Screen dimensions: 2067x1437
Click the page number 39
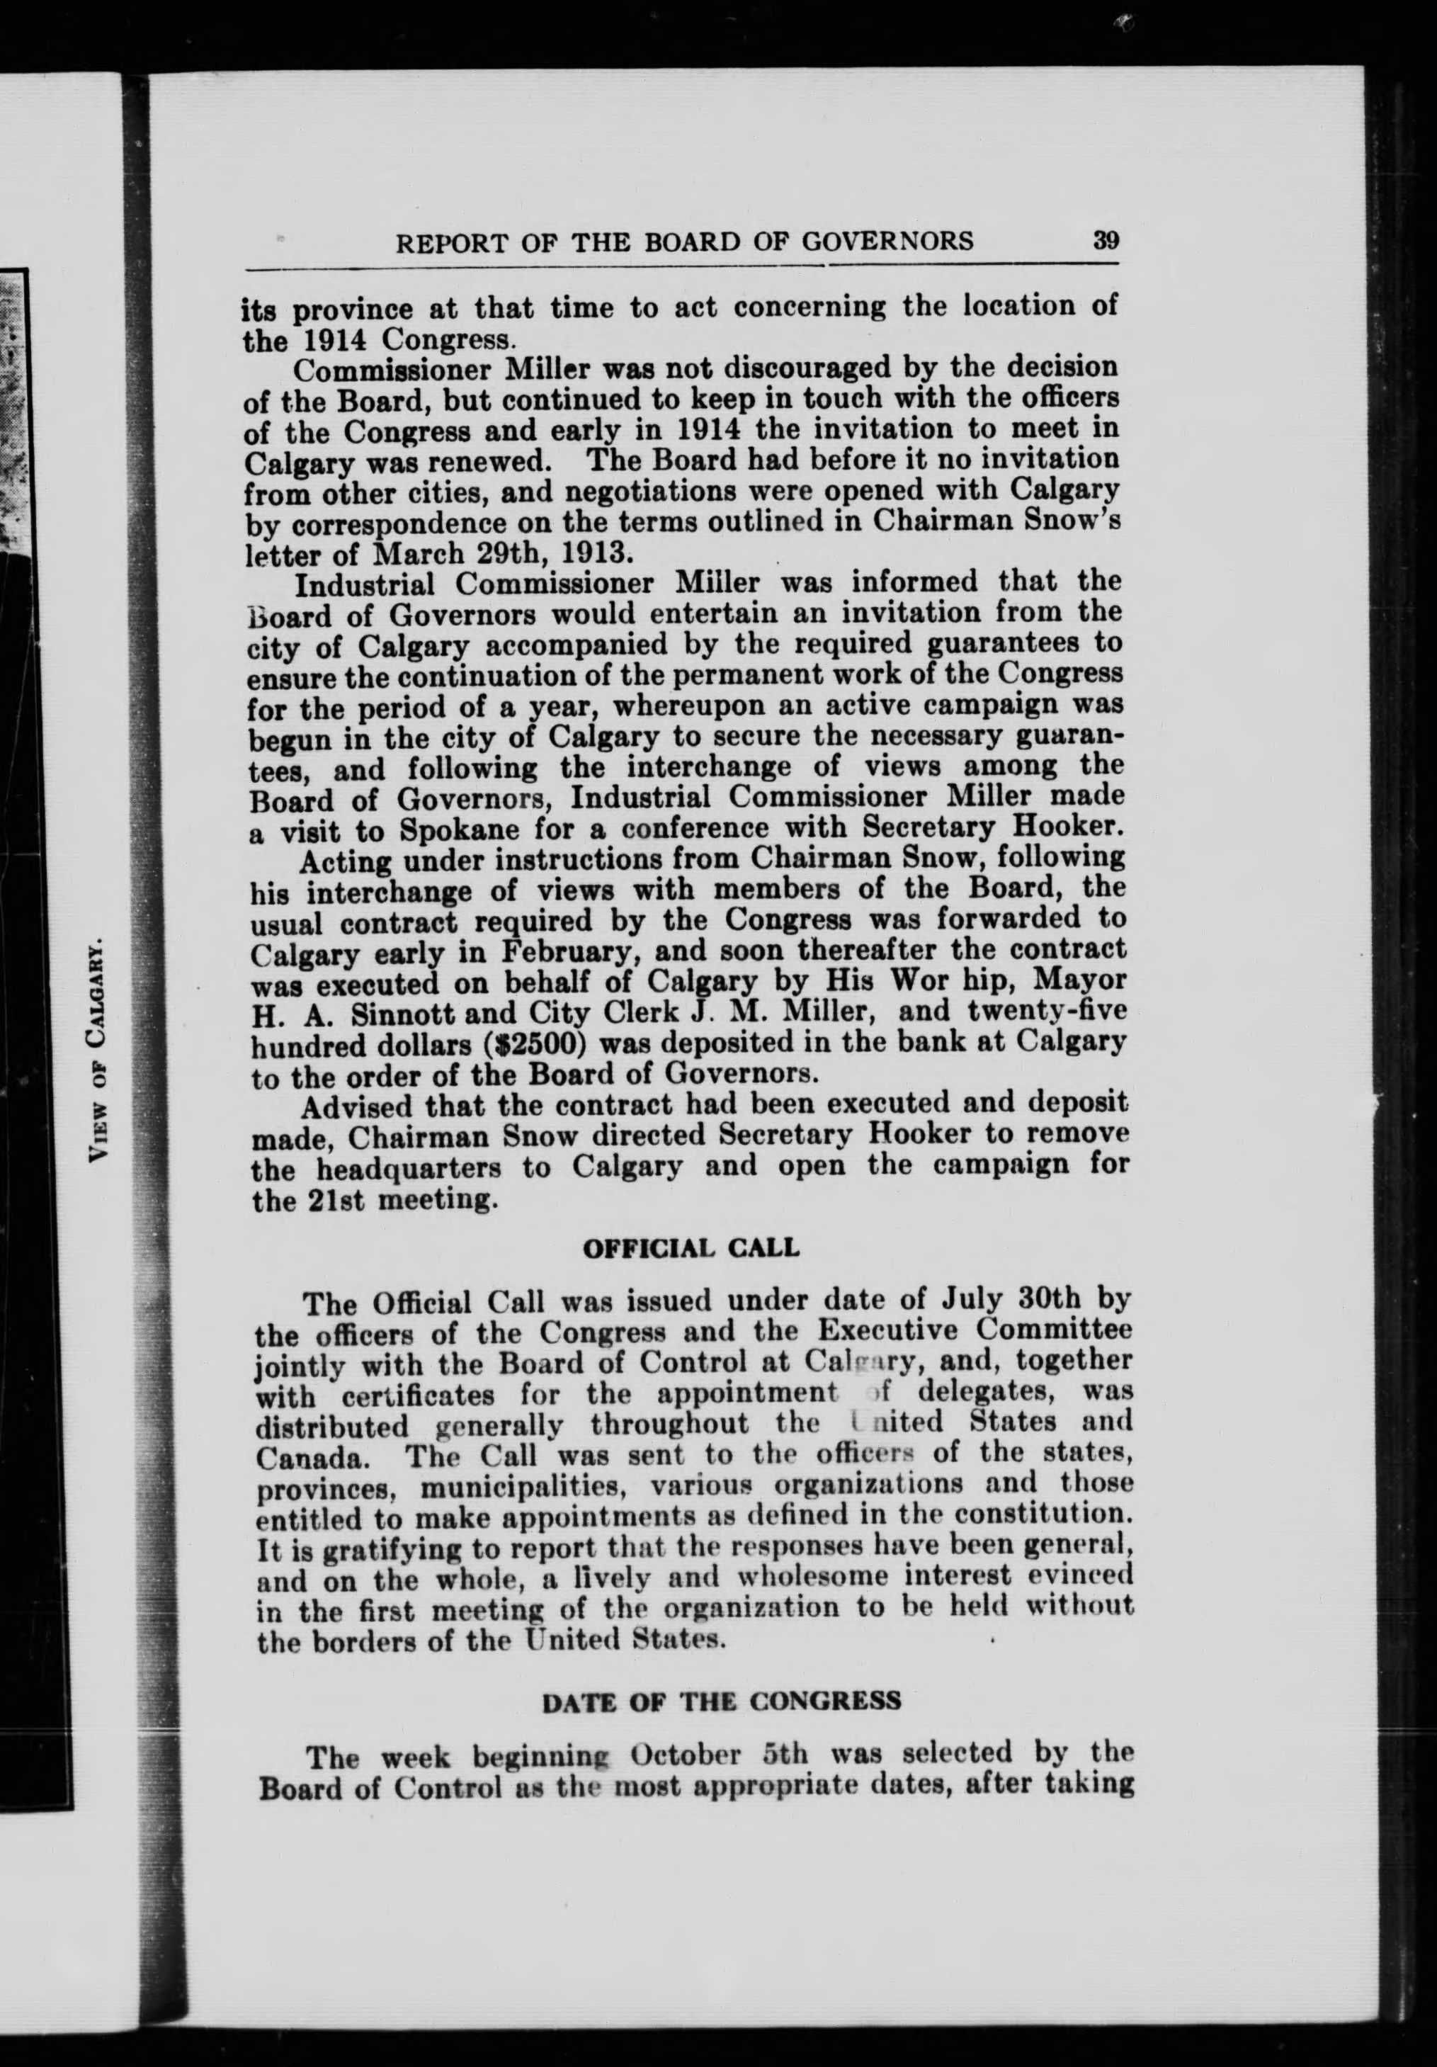tap(1105, 242)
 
